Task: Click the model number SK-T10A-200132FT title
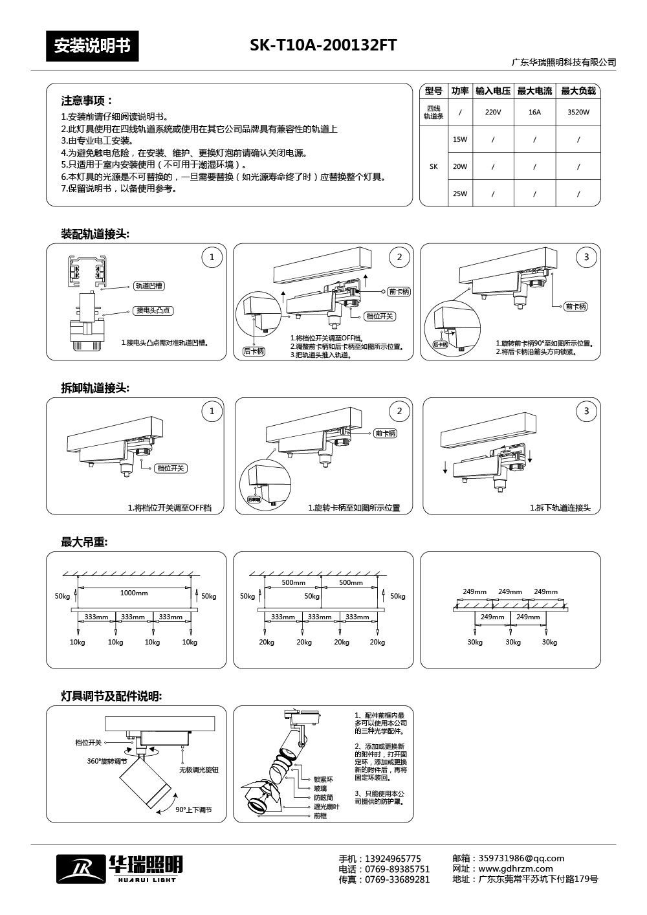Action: tap(323, 45)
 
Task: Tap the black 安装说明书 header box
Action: tap(92, 46)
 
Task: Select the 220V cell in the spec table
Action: tap(493, 112)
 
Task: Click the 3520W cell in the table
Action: tap(578, 112)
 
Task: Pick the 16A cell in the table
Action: tap(534, 112)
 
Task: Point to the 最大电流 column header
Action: tap(534, 91)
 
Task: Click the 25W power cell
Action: tap(459, 193)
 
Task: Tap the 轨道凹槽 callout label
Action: tap(149, 285)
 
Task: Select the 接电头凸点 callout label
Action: tap(153, 311)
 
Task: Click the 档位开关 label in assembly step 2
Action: tap(380, 316)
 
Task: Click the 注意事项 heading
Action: tap(87, 101)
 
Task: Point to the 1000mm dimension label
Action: tap(134, 593)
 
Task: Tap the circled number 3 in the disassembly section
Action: tap(586, 412)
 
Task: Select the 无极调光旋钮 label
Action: tap(199, 770)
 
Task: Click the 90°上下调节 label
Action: tap(193, 810)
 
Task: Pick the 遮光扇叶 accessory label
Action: tap(327, 807)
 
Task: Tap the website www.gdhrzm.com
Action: tap(515, 868)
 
